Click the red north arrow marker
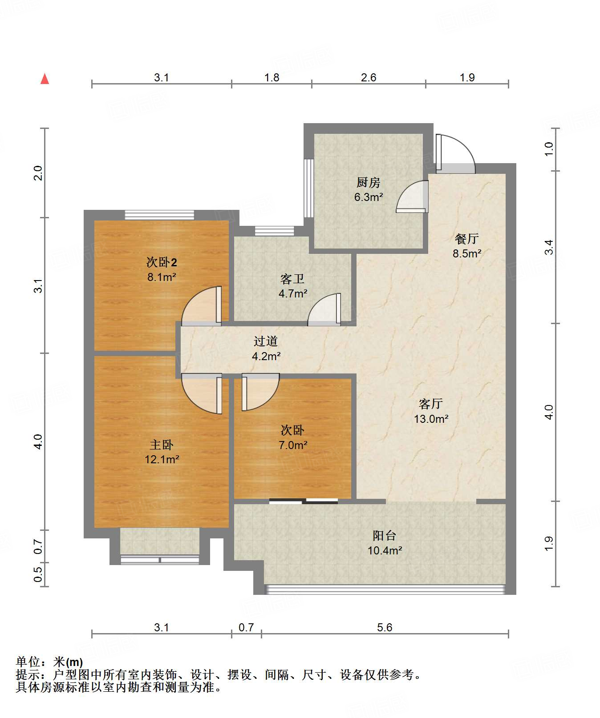click(45, 79)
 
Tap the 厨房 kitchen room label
click(368, 182)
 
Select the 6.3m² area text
click(369, 197)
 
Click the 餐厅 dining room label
click(466, 239)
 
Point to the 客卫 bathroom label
click(292, 279)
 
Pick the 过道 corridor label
click(266, 341)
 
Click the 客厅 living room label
click(430, 404)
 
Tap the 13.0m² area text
click(431, 419)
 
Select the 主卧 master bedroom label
click(161, 445)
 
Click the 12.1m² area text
click(162, 459)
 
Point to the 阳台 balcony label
click(385, 536)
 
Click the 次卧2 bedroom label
click(162, 262)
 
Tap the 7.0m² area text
click(293, 445)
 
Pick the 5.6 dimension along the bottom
click(385, 627)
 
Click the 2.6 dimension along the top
click(369, 78)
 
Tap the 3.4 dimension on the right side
click(549, 247)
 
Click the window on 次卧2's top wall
click(159, 215)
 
